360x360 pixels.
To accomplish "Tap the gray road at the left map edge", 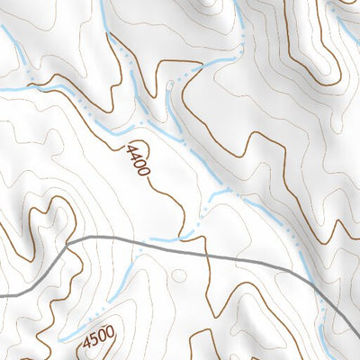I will [3, 294].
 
